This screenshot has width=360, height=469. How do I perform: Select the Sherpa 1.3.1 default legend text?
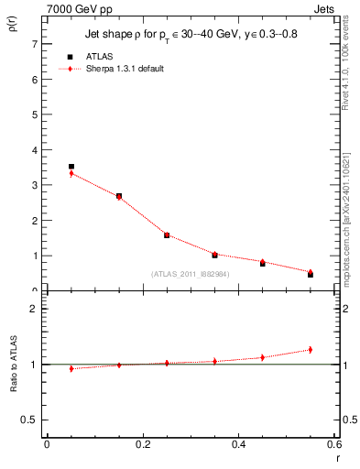[x=125, y=69]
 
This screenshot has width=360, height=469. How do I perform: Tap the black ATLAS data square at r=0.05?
[x=71, y=167]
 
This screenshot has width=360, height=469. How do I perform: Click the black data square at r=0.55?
[x=311, y=275]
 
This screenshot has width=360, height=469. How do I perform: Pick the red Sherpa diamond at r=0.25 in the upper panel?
[x=167, y=234]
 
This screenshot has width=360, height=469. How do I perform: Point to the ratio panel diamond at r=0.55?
[x=311, y=349]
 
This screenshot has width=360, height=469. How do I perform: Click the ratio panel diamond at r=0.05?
[x=71, y=368]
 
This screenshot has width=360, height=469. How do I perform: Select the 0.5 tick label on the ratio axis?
[x=28, y=420]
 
